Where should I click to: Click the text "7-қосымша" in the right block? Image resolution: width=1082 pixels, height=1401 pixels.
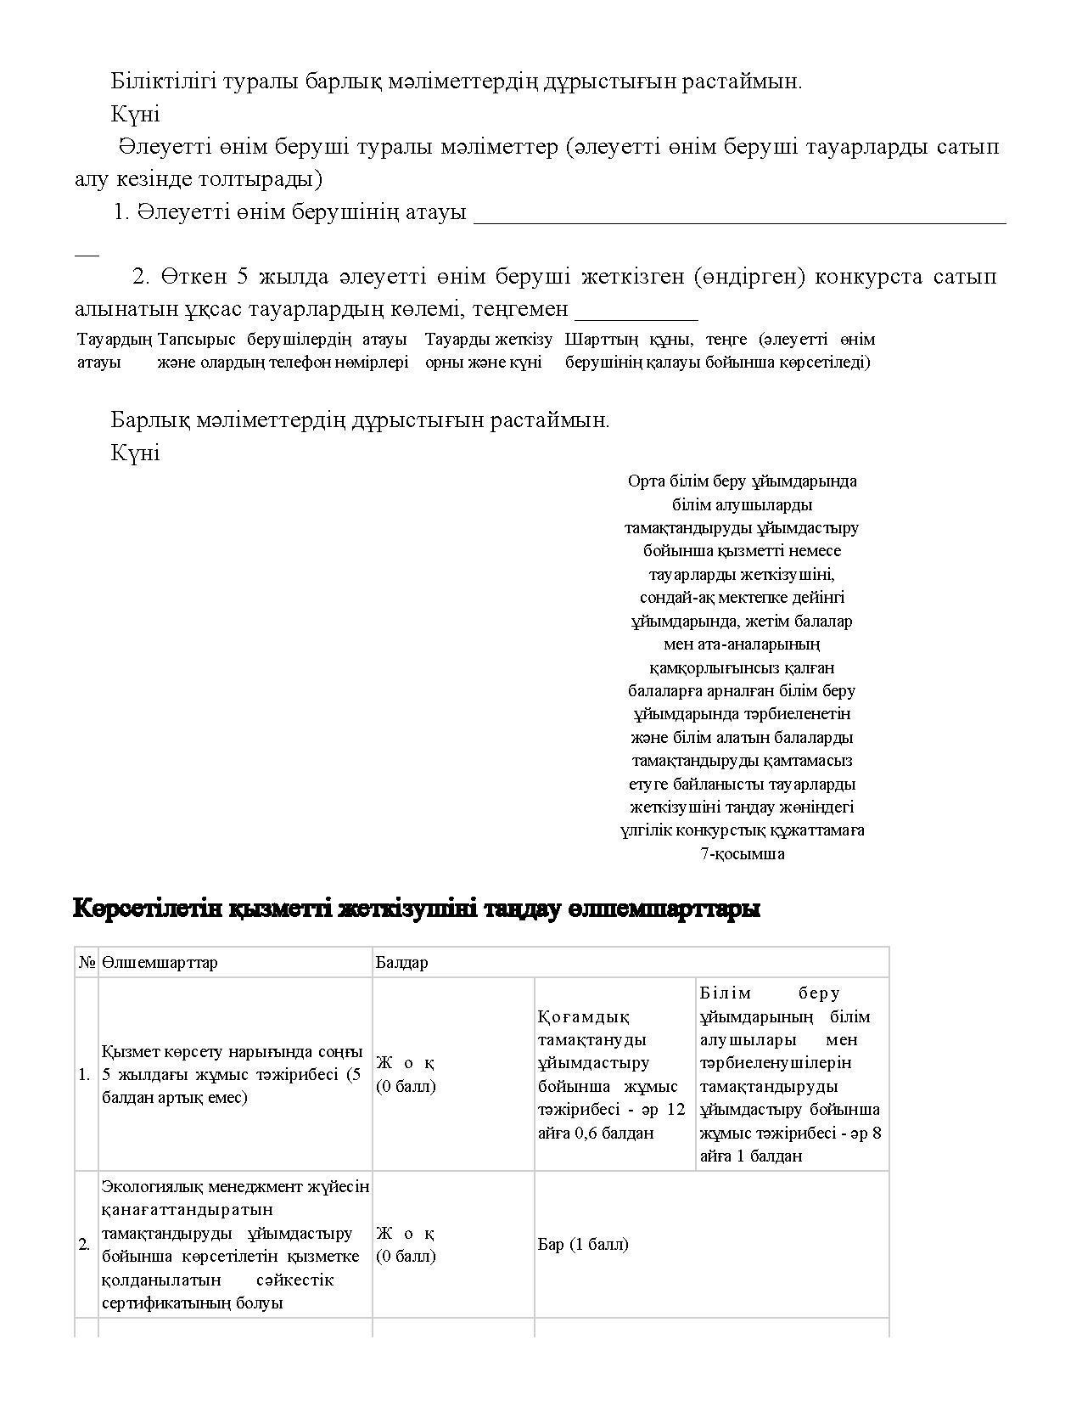tap(743, 854)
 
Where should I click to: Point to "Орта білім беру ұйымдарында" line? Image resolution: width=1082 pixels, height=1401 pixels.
tap(743, 481)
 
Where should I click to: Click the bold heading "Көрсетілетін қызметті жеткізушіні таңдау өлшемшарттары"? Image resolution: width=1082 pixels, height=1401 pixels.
tap(417, 909)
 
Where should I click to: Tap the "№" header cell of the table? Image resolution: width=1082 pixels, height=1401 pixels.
tap(87, 963)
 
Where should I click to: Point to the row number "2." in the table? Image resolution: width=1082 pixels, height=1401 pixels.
tap(85, 1245)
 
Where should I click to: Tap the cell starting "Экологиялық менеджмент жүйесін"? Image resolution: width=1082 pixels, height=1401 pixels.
tap(235, 1244)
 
